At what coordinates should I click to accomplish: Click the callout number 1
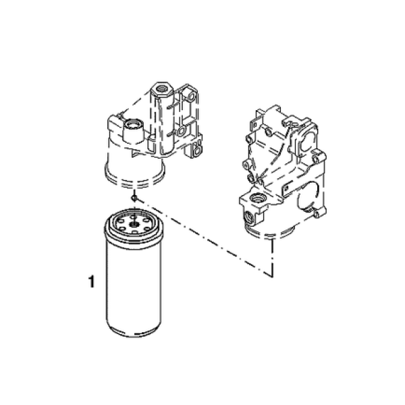[91, 281]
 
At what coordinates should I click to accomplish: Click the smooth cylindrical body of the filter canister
[134, 284]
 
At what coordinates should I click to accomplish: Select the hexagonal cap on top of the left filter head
[163, 89]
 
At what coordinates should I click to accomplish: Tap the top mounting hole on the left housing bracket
[192, 97]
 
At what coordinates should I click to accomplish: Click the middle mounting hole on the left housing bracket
[181, 132]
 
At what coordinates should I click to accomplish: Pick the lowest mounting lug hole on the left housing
[197, 151]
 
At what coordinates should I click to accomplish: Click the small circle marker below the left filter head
[134, 198]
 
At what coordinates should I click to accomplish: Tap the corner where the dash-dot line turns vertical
[272, 276]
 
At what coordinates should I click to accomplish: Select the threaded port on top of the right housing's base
[256, 198]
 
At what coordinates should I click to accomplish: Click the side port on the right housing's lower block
[248, 216]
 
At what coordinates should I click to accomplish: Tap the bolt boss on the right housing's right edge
[316, 159]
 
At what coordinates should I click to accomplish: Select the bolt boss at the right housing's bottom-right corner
[317, 213]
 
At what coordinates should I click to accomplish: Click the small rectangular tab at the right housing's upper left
[254, 124]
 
